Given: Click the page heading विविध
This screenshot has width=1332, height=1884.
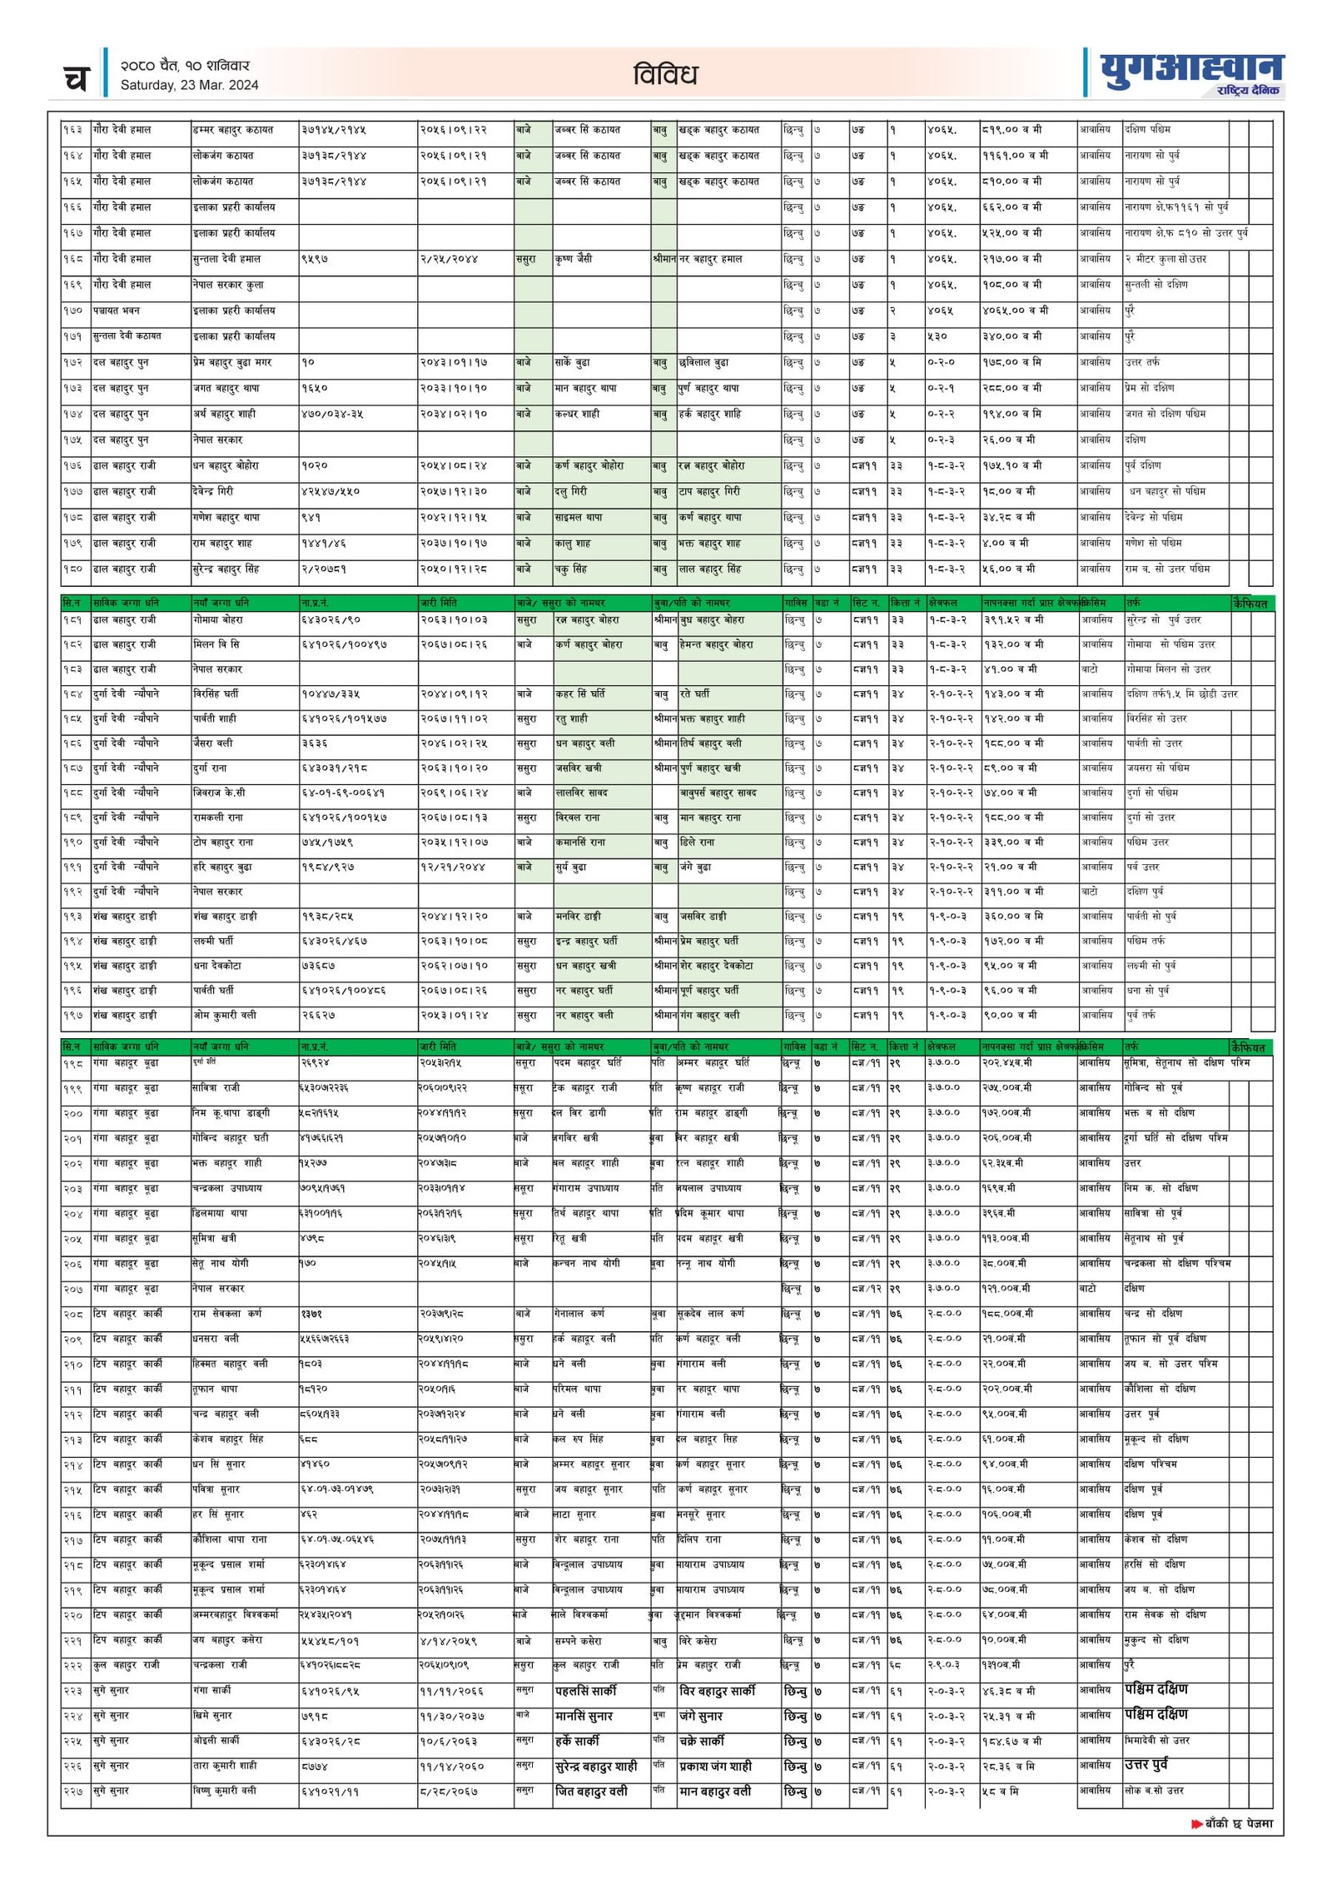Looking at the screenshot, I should [664, 75].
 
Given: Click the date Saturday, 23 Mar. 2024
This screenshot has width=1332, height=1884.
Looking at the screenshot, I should [189, 85].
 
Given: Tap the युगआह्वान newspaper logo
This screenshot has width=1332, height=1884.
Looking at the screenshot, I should [1191, 68].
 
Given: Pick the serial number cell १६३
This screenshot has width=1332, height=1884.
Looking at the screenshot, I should [73, 130].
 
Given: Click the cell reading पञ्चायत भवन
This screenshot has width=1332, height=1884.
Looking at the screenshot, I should [117, 311].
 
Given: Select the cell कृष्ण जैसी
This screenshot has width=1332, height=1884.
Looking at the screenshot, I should [574, 259].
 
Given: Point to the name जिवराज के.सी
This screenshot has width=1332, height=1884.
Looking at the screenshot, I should [219, 793].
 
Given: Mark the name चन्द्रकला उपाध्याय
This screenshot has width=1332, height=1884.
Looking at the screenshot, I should [226, 1188].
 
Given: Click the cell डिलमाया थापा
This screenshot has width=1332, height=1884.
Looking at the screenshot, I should [220, 1213].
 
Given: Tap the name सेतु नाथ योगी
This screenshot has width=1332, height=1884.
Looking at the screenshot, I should [220, 1263].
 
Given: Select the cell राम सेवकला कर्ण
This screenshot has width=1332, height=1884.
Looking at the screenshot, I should [226, 1314].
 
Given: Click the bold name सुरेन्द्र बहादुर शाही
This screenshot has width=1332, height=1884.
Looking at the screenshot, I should [596, 1766].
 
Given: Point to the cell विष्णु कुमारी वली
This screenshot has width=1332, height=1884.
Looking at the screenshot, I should [225, 1791].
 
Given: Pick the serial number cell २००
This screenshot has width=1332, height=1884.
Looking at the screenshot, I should [73, 1113].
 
